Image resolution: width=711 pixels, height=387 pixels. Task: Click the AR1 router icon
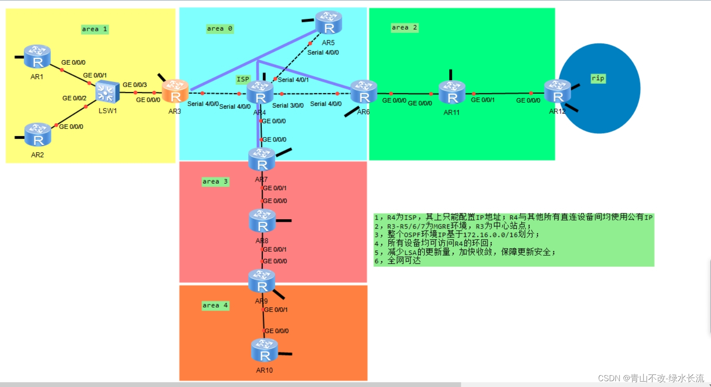click(x=37, y=57)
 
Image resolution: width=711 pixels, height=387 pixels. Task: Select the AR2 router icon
click(x=38, y=135)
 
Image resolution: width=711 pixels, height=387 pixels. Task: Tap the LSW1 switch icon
click(x=108, y=93)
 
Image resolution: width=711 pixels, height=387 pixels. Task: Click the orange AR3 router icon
click(x=175, y=92)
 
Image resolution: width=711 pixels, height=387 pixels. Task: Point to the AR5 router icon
click(x=329, y=23)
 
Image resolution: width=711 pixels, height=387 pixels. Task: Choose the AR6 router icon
click(x=364, y=92)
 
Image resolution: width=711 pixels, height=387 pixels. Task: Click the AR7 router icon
click(x=262, y=160)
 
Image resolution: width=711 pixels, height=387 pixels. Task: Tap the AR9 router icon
click(x=262, y=281)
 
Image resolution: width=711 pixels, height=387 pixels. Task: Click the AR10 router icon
click(x=264, y=350)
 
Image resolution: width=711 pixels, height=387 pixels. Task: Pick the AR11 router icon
click(x=452, y=92)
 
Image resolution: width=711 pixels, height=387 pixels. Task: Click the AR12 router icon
click(x=558, y=92)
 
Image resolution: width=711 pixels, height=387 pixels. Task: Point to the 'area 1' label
click(x=95, y=29)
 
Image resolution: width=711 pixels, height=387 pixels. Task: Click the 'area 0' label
click(x=220, y=29)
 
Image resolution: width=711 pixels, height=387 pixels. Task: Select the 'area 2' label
click(x=405, y=28)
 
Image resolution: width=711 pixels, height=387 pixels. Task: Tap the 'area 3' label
click(x=215, y=182)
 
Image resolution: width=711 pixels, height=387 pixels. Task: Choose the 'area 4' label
click(x=215, y=306)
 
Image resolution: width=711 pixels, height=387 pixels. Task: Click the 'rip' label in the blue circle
click(x=598, y=79)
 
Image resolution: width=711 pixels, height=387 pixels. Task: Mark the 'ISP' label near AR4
click(x=243, y=79)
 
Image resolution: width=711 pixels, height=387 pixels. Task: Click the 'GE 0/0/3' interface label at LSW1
click(x=135, y=85)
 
